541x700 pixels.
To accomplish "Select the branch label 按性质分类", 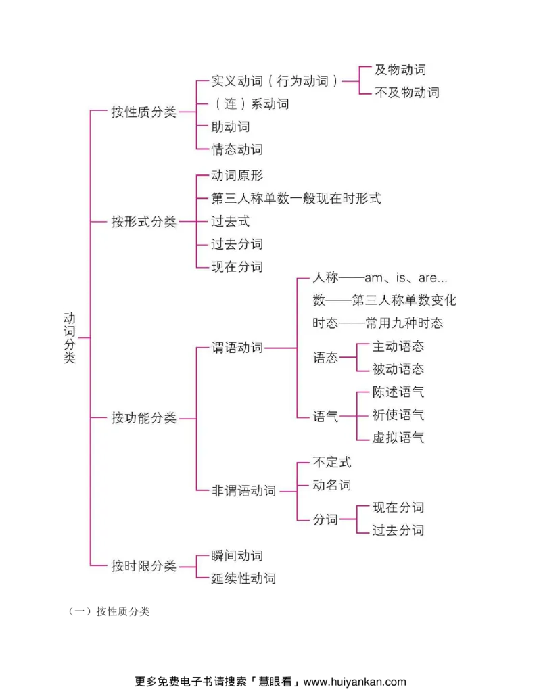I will coord(143,112).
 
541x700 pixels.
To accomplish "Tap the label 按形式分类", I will coord(143,222).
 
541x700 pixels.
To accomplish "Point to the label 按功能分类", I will coord(143,418).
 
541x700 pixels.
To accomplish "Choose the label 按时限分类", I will coord(143,566).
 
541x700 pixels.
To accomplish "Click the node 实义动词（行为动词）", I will coord(275,81).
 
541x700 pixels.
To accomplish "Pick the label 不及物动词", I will coord(406,93).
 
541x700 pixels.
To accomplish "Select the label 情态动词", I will coord(237,149).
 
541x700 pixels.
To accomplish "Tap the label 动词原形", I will coord(237,176).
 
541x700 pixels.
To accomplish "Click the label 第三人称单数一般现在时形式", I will coord(296,198).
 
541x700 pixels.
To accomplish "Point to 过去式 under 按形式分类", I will coord(230,221).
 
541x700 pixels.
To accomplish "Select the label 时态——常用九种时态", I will coord(378,323).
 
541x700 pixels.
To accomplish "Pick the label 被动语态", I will coord(398,369).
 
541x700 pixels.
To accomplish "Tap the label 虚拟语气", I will coord(398,438).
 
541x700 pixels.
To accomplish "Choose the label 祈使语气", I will coord(398,415).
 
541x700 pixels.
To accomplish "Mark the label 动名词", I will coord(331,485).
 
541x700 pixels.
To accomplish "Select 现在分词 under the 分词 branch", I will coord(398,507).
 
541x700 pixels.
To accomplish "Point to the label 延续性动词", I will coord(243,578).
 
